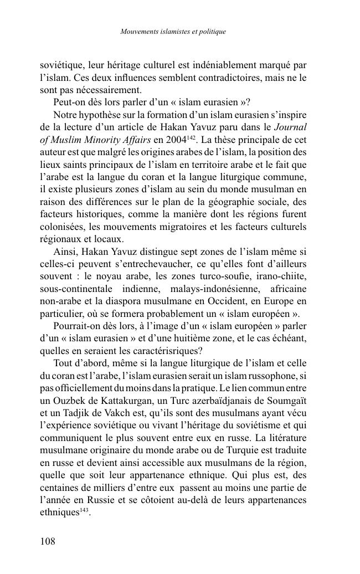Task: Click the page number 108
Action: (48, 541)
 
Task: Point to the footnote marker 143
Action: (85, 510)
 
